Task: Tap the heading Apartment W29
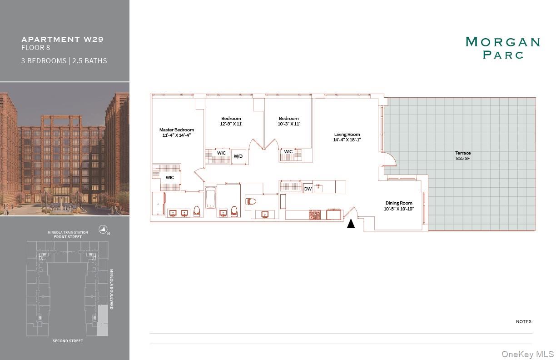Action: point(63,39)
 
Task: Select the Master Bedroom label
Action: point(177,132)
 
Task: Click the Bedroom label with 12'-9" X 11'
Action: point(231,121)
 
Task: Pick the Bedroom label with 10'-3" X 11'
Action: point(289,121)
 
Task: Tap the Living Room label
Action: point(347,137)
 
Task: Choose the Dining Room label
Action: point(399,206)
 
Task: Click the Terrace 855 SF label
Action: point(463,156)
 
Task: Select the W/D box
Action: point(238,156)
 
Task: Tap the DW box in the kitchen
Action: point(308,189)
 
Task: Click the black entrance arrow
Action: point(351,224)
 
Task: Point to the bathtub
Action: point(210,199)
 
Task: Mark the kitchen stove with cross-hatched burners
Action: point(315,214)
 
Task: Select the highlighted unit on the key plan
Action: point(103,320)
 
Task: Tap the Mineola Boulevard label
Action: point(111,289)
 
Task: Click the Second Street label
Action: point(68,340)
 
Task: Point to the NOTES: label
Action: point(524,321)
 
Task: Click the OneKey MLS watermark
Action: point(527,354)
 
